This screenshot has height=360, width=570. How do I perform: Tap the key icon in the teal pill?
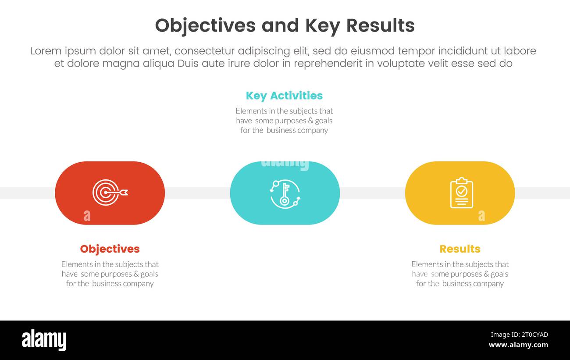[285, 193]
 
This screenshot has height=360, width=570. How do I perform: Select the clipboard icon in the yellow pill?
[461, 192]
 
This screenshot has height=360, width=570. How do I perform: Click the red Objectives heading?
[110, 249]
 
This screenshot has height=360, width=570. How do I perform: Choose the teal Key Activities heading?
[284, 96]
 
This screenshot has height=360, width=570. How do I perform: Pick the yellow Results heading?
[460, 249]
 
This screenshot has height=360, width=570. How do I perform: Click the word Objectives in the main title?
[205, 26]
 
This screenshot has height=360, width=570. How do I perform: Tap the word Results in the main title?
[380, 26]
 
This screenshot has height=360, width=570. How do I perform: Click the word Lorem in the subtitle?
[46, 51]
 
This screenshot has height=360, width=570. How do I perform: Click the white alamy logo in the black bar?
[44, 340]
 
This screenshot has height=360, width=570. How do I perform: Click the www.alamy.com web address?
[518, 345]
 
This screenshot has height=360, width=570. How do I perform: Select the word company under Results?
[488, 284]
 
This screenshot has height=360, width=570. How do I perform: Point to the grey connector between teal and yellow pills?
[372, 193]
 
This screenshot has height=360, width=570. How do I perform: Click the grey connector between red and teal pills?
[197, 193]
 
